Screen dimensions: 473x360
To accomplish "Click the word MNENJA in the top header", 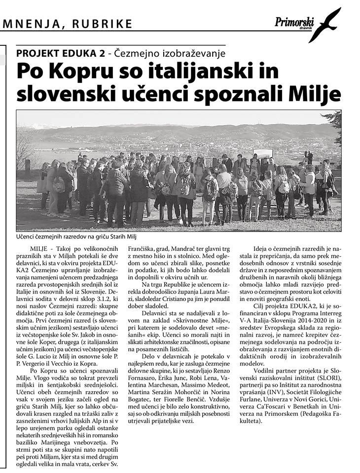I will pos(30,24).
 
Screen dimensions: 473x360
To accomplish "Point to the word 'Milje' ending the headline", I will pos(316,93).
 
